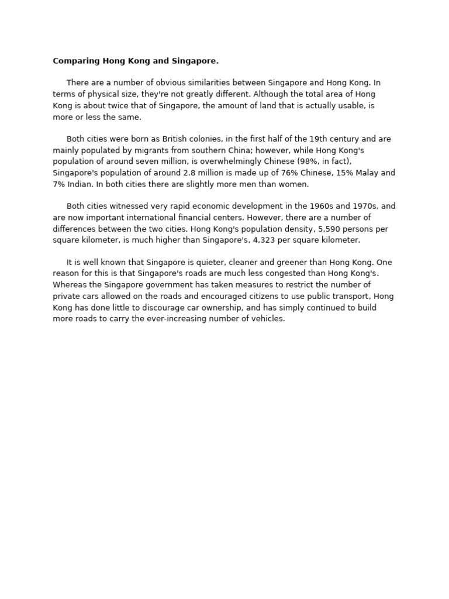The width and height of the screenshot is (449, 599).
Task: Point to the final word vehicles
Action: (267, 319)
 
